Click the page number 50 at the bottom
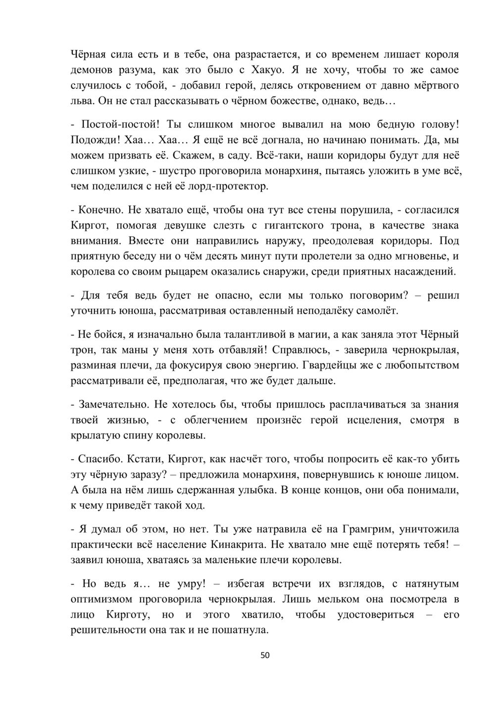[x=265, y=655]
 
